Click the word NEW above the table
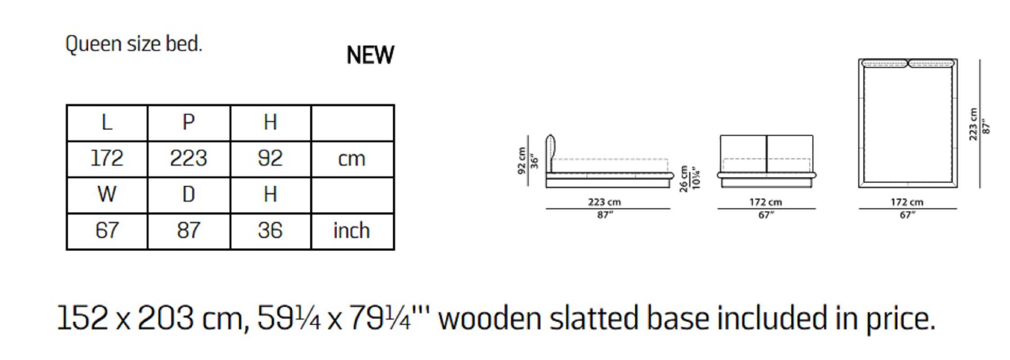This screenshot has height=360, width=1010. click(370, 55)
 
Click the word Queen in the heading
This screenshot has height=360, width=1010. click(94, 45)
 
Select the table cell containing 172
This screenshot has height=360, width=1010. click(107, 159)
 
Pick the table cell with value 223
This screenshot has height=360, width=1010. click(189, 159)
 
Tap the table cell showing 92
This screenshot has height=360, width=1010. click(270, 159)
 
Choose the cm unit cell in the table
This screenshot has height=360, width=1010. click(352, 159)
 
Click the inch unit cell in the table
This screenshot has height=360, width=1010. click(352, 231)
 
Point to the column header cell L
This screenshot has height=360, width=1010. click(107, 123)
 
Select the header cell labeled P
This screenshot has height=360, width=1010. click(189, 123)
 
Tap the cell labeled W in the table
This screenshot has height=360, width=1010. click(107, 195)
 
